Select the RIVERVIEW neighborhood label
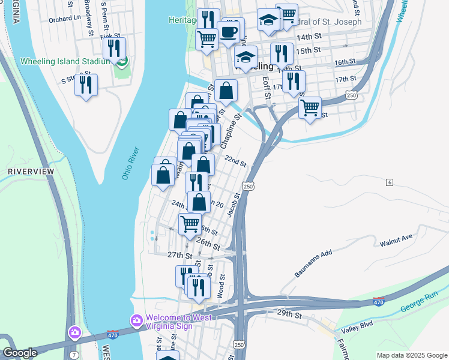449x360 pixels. (x=31, y=172)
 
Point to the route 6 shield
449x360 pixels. (x=390, y=182)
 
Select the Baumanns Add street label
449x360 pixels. (x=313, y=264)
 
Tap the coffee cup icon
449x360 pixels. (x=228, y=31)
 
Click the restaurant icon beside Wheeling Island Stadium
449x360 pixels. (x=114, y=49)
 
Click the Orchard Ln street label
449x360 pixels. (x=65, y=18)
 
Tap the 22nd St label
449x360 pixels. (x=235, y=161)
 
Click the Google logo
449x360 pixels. (x=20, y=353)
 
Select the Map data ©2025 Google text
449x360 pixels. (x=411, y=355)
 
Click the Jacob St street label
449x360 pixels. (x=234, y=205)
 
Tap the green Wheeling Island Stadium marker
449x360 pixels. (x=122, y=61)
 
